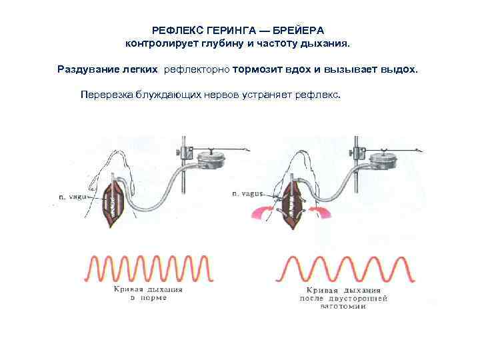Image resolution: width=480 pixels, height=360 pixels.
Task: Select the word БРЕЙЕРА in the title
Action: [x=300, y=31]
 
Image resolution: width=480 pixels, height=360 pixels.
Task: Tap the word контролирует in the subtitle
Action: [x=163, y=43]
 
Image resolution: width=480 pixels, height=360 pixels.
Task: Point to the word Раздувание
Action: [x=89, y=69]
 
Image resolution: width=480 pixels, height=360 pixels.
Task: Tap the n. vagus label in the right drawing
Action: [x=247, y=193]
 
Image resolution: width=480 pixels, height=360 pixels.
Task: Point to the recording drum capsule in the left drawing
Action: [x=209, y=161]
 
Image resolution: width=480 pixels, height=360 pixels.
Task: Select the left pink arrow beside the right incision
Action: [x=262, y=212]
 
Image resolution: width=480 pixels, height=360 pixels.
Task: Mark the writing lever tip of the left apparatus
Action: [x=249, y=152]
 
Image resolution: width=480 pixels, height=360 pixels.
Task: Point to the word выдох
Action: [x=397, y=69]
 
